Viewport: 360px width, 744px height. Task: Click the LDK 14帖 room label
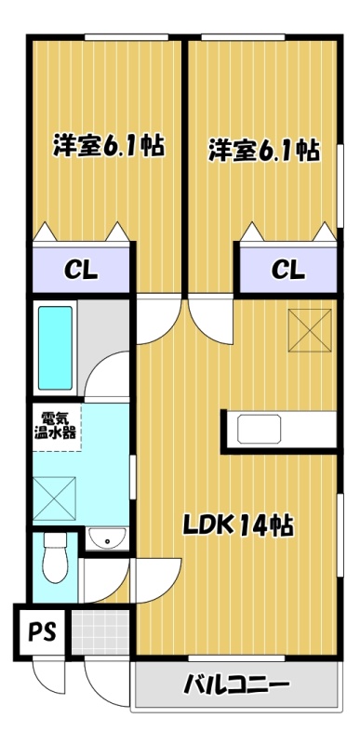(239, 525)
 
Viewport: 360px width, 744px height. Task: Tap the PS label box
(42, 632)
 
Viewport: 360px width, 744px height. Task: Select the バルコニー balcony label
(236, 684)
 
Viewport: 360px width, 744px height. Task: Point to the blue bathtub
(56, 347)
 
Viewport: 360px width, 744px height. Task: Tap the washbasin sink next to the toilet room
(108, 538)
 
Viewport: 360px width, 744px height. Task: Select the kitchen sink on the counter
(259, 429)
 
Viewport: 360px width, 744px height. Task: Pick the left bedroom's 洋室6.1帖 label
(109, 147)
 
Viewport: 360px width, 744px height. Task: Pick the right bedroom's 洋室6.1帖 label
(263, 151)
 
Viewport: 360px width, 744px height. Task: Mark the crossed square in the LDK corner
(310, 330)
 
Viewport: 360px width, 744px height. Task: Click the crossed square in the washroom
(54, 498)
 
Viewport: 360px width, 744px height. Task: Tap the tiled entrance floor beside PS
(100, 632)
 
